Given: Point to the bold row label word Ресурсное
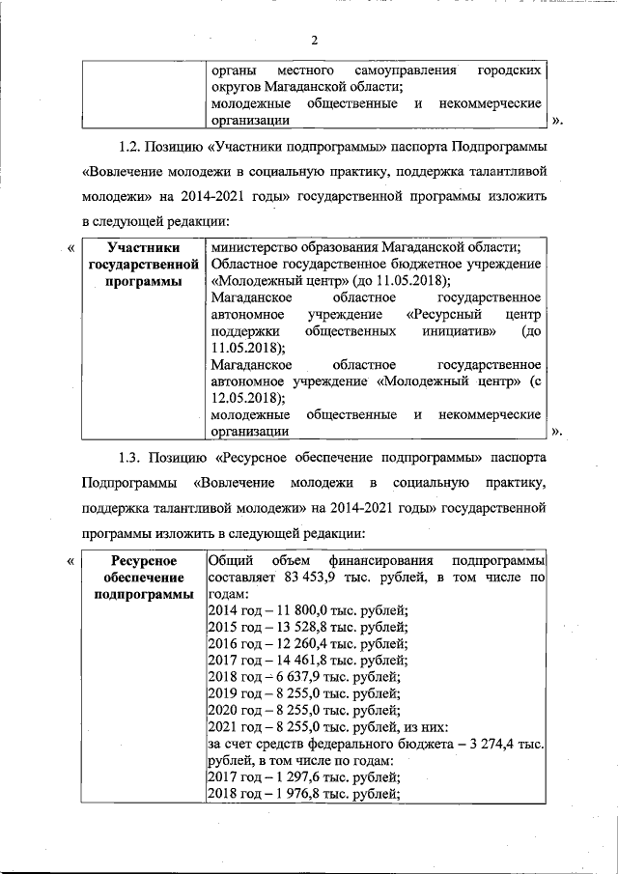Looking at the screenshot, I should pos(143,560).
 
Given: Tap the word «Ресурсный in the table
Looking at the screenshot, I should pos(443,315).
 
